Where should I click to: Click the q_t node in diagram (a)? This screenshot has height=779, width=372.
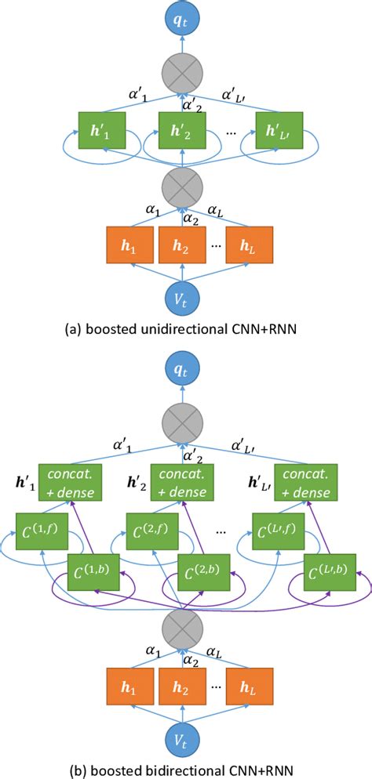[185, 21]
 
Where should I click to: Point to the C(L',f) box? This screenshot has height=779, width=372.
[276, 531]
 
